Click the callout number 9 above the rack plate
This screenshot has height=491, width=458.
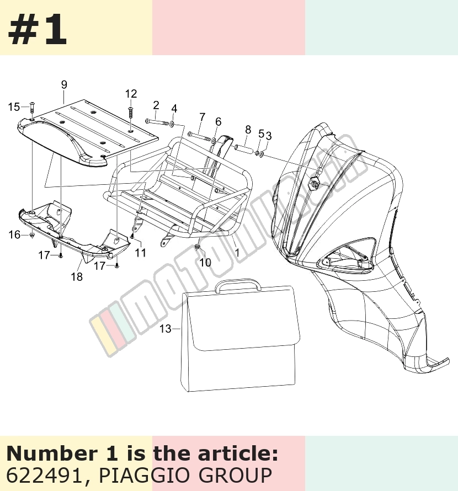tap(64, 85)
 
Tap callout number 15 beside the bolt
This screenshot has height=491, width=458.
tap(14, 107)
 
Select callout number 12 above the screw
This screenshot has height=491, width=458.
tap(131, 94)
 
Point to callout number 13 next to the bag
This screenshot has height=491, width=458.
tap(166, 329)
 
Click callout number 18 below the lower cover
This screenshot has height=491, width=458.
tap(77, 277)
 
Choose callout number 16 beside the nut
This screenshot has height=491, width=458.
tap(14, 235)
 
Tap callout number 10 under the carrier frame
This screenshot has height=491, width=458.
tap(205, 263)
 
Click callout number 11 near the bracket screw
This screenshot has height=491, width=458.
tap(141, 252)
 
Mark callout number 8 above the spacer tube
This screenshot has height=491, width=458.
tap(248, 130)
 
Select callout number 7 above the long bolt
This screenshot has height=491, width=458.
tap(202, 117)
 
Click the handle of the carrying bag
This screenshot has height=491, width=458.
tap(238, 285)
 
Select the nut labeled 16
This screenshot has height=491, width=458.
tap(32, 235)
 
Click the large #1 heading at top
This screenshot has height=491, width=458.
tap(38, 30)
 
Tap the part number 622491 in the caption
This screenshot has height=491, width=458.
tap(44, 475)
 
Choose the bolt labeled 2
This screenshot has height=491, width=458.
tap(156, 122)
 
